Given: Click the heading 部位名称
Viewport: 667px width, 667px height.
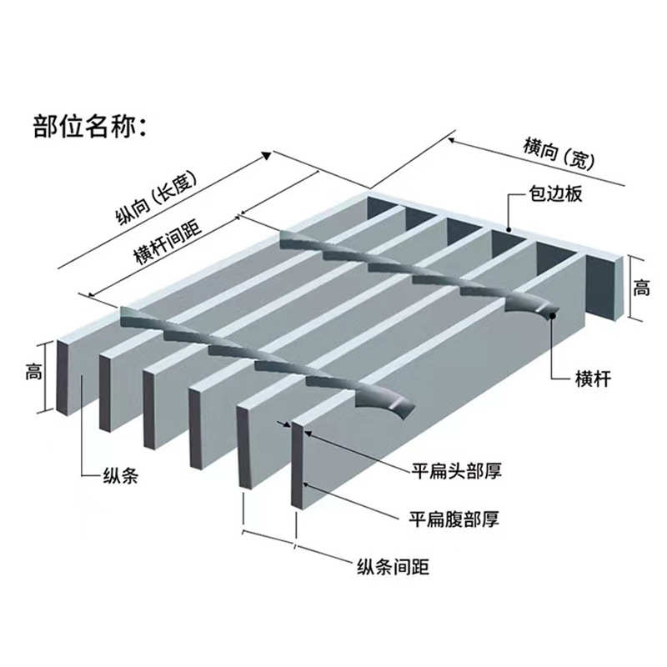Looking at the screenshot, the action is coord(89,127).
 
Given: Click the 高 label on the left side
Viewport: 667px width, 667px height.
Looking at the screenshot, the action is coord(33,374).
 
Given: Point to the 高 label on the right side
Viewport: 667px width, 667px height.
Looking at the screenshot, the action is coord(641,289).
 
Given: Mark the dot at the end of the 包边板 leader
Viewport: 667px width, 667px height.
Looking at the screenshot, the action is coord(509,229).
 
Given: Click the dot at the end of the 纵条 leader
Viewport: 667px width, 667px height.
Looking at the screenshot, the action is coord(82,380).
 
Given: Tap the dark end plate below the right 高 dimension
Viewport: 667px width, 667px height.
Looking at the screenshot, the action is coord(608,283).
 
